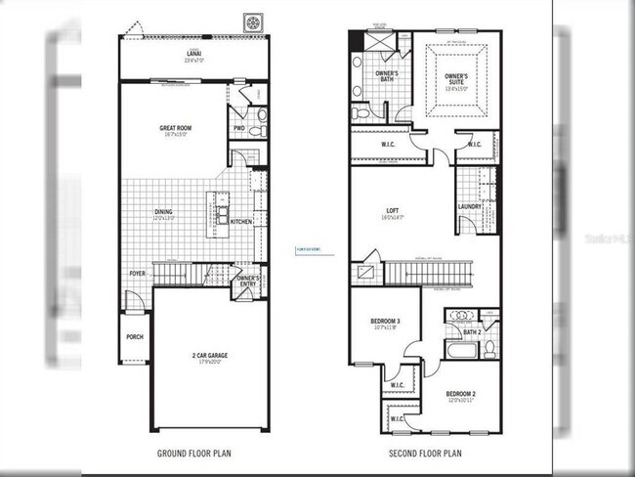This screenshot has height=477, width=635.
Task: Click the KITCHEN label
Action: coord(241,222)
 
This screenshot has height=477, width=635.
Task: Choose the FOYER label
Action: coord(137,274)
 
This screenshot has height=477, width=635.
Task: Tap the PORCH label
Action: coord(135,336)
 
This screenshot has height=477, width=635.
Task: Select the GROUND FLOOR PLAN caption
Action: coord(194,454)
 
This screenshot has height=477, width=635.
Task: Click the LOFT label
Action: coord(393,211)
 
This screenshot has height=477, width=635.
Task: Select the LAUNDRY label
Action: coord(470,206)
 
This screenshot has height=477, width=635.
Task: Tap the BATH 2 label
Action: coord(473,332)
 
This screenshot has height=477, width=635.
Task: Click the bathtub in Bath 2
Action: coord(460,350)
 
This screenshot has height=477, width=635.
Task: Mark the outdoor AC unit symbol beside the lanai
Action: coord(253,21)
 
